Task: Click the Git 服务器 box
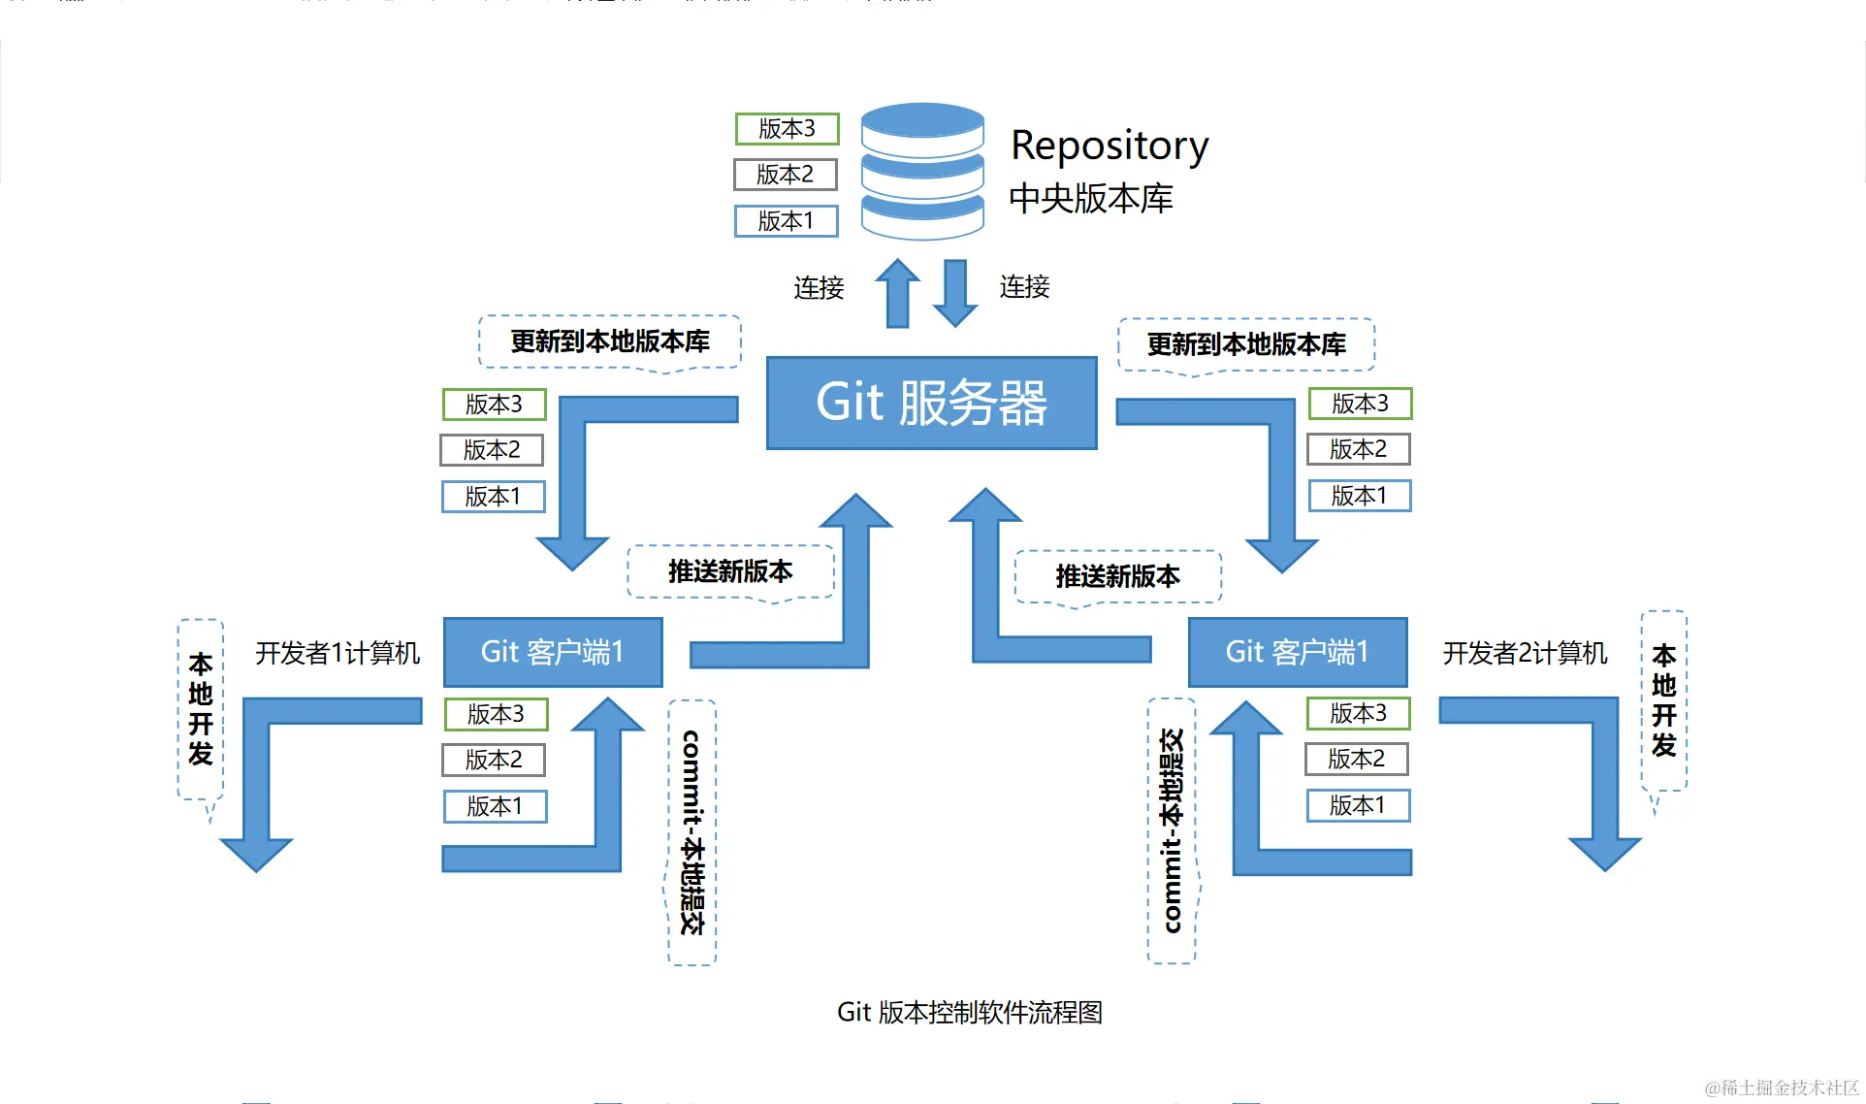[931, 403]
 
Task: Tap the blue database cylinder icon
[922, 171]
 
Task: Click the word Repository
[1109, 146]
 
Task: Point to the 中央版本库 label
[1090, 199]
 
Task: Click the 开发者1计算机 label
[338, 653]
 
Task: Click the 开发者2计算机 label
[1525, 653]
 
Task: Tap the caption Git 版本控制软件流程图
[969, 1012]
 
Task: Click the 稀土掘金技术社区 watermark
[1782, 1088]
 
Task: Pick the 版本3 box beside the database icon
[787, 128]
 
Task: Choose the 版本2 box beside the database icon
[785, 175]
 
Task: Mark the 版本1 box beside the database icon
[786, 221]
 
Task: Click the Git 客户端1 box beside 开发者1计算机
[553, 652]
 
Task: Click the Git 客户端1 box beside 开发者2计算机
[1297, 652]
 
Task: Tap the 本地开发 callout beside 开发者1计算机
[201, 709]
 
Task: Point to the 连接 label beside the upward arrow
[819, 288]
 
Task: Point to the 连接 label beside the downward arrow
[1024, 287]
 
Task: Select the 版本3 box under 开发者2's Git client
[1358, 713]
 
